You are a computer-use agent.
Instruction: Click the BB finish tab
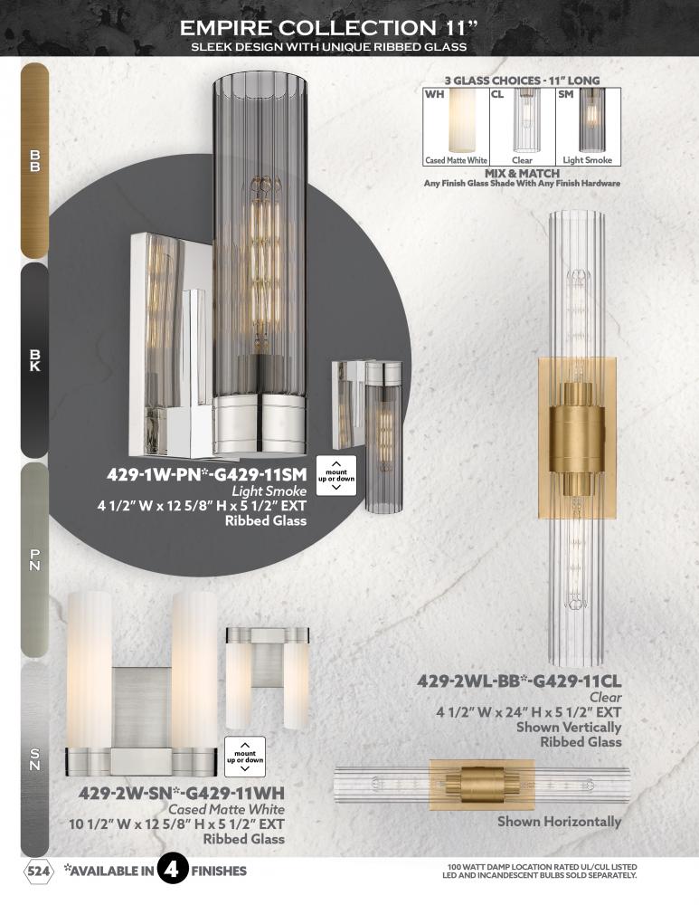coord(34,160)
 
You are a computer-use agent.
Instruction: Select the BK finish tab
coord(34,360)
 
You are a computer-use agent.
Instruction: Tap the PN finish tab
coord(34,560)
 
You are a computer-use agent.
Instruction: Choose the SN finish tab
coord(34,759)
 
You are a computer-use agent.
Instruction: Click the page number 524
coord(39,871)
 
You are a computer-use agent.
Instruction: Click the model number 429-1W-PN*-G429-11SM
coord(206,475)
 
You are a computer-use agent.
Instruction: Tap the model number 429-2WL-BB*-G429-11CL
coord(519,681)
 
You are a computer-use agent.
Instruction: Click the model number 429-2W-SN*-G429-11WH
coord(182,793)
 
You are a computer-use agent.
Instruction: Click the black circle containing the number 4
coord(172,870)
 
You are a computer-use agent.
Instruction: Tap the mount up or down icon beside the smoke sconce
coord(336,476)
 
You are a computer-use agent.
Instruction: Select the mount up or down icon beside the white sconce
coord(245,757)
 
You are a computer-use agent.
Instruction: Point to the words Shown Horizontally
coord(560,822)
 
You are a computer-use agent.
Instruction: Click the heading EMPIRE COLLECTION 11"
coord(329,27)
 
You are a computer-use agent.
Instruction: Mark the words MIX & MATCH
coord(522,173)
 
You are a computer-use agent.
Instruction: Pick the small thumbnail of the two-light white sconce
coord(268,678)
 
